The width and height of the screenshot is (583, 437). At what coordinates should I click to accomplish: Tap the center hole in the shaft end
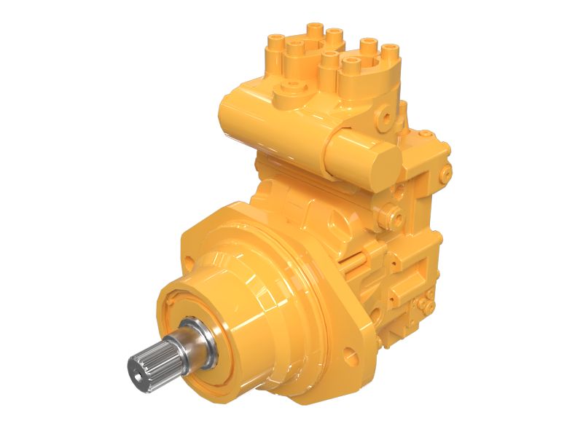pyautogui.click(x=138, y=371)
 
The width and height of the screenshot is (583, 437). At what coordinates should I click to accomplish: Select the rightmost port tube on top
pyautogui.click(x=391, y=52)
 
